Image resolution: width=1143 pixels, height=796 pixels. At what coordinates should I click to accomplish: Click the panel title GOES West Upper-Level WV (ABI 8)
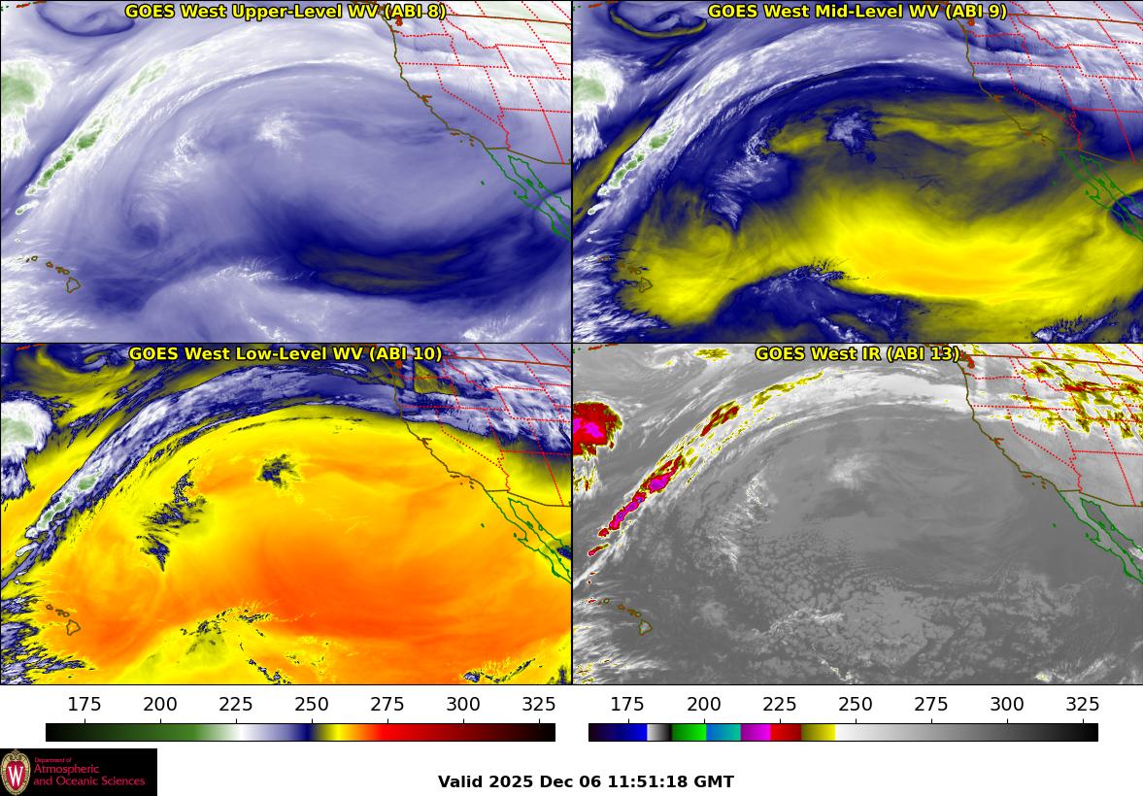tap(286, 12)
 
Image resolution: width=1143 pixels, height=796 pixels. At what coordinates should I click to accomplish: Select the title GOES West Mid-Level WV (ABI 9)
tap(857, 12)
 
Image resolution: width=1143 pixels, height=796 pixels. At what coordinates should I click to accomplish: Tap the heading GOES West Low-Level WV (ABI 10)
tap(286, 354)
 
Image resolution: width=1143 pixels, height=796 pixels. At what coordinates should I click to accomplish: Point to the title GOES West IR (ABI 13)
tap(857, 354)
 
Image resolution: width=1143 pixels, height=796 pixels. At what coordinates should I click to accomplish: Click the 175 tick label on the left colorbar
tap(84, 705)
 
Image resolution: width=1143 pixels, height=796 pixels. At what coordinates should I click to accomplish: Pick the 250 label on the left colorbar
tap(312, 705)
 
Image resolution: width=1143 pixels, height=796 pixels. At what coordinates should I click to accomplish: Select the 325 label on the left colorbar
tap(539, 705)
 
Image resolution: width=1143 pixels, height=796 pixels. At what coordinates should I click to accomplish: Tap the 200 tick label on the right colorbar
tap(703, 705)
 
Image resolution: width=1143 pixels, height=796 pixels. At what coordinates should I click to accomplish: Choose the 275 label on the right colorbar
tap(930, 705)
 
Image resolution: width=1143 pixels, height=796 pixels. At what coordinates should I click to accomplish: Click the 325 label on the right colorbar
tap(1082, 705)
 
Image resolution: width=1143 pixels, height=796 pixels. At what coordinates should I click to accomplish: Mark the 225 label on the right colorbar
tap(779, 705)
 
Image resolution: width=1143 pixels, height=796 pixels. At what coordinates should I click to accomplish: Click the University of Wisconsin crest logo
tap(16, 773)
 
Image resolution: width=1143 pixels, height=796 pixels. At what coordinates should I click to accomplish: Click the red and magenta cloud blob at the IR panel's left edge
tap(594, 430)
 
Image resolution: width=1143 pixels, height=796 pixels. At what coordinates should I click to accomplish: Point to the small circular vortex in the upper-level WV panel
tap(146, 233)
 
